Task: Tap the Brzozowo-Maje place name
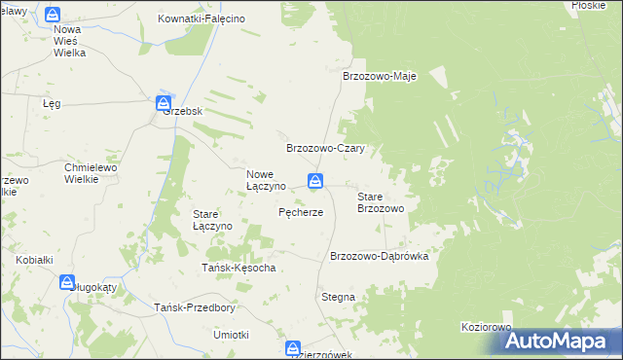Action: point(380,77)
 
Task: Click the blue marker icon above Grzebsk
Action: point(164,102)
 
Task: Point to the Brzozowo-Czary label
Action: point(324,149)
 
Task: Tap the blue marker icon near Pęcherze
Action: point(315,181)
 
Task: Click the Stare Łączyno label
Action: point(212,219)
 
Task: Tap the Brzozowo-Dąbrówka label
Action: point(386,256)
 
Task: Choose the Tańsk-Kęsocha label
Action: point(238,268)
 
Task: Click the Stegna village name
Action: point(338,297)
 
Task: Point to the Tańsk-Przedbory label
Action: point(195,307)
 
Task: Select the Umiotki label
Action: point(232,335)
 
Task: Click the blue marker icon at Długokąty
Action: point(67,282)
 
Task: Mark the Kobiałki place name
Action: point(34,260)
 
